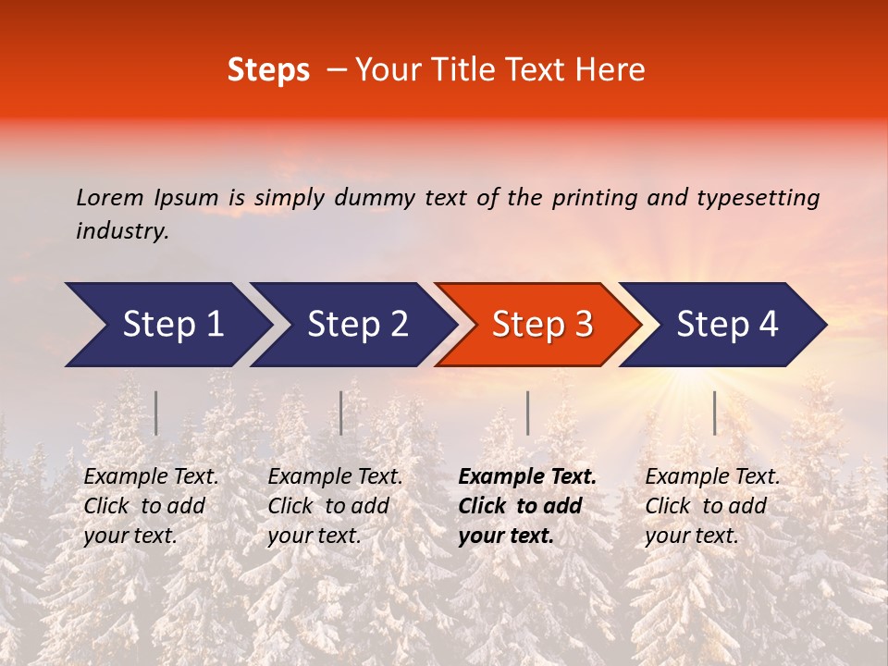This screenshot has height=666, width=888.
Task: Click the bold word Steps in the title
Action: tap(268, 70)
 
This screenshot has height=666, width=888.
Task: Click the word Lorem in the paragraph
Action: tap(108, 197)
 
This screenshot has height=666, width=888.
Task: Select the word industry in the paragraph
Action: tap(121, 230)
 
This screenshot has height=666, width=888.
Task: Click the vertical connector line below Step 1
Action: tap(156, 413)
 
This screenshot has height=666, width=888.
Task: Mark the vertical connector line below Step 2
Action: tap(341, 413)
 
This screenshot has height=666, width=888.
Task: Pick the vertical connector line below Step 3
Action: tap(527, 413)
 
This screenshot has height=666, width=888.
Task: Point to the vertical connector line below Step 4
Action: tap(714, 413)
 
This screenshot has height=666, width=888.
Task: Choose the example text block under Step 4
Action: tap(712, 506)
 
